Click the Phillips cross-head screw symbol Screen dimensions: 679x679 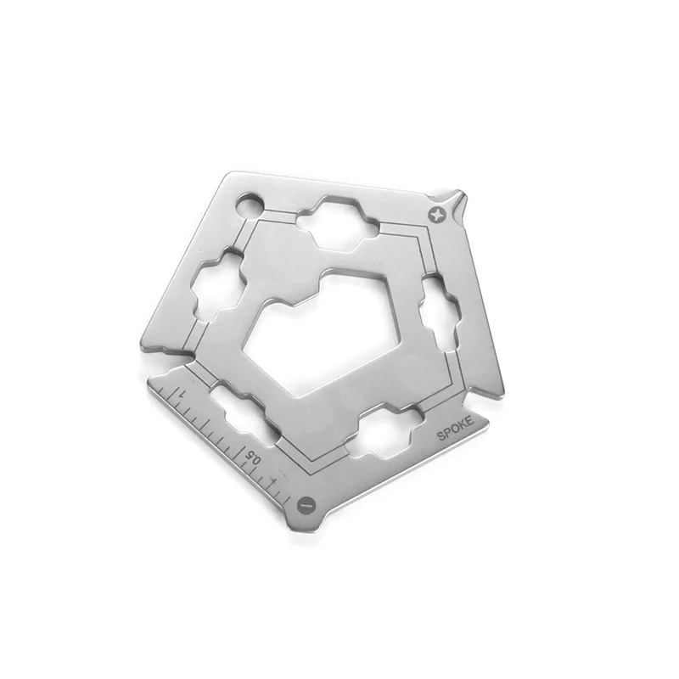coord(439,213)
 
